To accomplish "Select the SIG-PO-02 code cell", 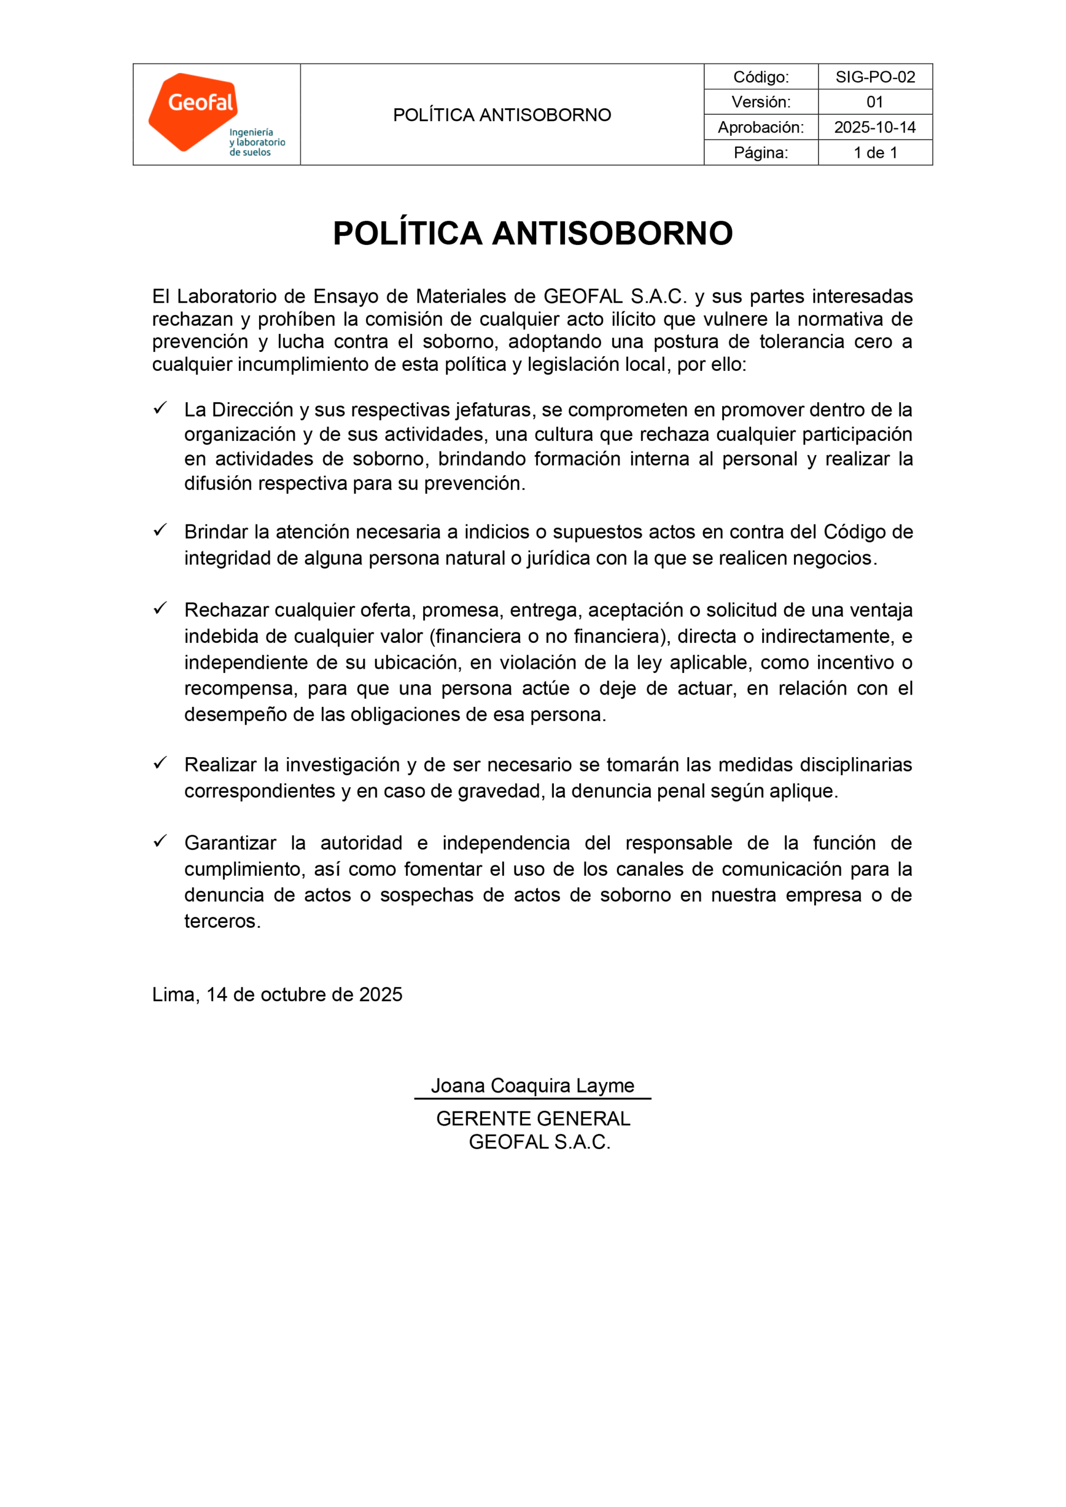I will [x=874, y=77].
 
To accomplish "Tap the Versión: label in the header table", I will [x=761, y=102].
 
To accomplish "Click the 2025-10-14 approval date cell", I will [x=874, y=127].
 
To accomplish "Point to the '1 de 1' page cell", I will [x=874, y=152].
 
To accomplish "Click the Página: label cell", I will [x=761, y=152].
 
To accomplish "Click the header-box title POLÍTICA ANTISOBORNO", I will [x=502, y=115].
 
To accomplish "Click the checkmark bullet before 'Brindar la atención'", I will [x=160, y=530].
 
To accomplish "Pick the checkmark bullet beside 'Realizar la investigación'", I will [x=160, y=763].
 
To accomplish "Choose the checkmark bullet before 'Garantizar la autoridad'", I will [x=160, y=841].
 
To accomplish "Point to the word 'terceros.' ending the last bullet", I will [x=223, y=921].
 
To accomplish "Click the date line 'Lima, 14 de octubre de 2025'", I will [x=277, y=994].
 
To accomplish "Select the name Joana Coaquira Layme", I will [x=532, y=1086].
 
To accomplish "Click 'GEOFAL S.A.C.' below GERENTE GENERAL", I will [x=540, y=1142].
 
